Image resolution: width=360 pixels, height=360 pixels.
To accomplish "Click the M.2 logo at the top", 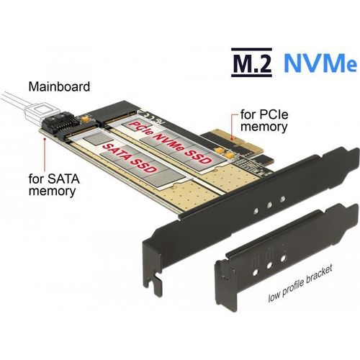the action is coord(251,63).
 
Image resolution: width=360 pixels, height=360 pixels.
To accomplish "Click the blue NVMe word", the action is coord(320,63).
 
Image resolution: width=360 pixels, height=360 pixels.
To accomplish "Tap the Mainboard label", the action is coord(59,86).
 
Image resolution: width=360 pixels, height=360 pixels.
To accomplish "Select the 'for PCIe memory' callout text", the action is coord(264,121).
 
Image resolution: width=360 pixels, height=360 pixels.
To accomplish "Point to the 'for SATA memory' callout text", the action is coord(54,185).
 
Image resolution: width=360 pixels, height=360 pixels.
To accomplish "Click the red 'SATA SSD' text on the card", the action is coord(130,158).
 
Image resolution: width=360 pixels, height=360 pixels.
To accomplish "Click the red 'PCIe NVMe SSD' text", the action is coord(170,143).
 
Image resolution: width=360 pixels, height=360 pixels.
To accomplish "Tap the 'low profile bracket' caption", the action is coord(300,284).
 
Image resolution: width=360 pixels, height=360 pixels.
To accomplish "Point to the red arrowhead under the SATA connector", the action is coord(45,139).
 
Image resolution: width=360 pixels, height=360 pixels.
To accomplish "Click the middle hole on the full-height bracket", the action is coord(269,204).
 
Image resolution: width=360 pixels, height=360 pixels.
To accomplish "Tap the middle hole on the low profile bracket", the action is coord(269,265).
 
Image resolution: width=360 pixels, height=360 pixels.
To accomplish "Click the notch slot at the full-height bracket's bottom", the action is coord(156,280).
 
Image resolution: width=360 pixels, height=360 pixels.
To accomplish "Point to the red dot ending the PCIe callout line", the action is coord(232,139).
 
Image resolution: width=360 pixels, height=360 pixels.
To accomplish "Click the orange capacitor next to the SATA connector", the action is coord(84,119).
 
